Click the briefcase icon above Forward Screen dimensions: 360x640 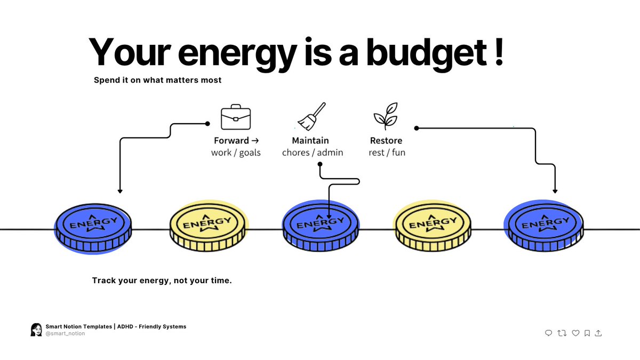pyautogui.click(x=236, y=117)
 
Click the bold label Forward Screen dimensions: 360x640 pyautogui.click(x=231, y=141)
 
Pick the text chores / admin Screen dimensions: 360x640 pyautogui.click(x=313, y=153)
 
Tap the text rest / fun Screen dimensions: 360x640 pyautogui.click(x=387, y=153)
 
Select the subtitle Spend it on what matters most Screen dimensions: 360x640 pyautogui.click(x=157, y=81)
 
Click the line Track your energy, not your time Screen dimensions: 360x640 pyautogui.click(x=162, y=280)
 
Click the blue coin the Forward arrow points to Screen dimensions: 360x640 pyautogui.click(x=93, y=227)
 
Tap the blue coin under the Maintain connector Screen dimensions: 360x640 pyautogui.click(x=320, y=227)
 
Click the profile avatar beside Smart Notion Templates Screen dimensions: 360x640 pyautogui.click(x=36, y=330)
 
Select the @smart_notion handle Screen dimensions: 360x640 pyautogui.click(x=65, y=333)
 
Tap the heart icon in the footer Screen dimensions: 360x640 pyautogui.click(x=575, y=333)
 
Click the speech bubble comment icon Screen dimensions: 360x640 pyautogui.click(x=548, y=333)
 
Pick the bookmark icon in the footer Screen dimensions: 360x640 pyautogui.click(x=587, y=333)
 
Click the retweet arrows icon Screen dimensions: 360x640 pyautogui.click(x=562, y=333)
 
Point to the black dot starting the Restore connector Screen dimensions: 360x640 pyautogui.click(x=417, y=128)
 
